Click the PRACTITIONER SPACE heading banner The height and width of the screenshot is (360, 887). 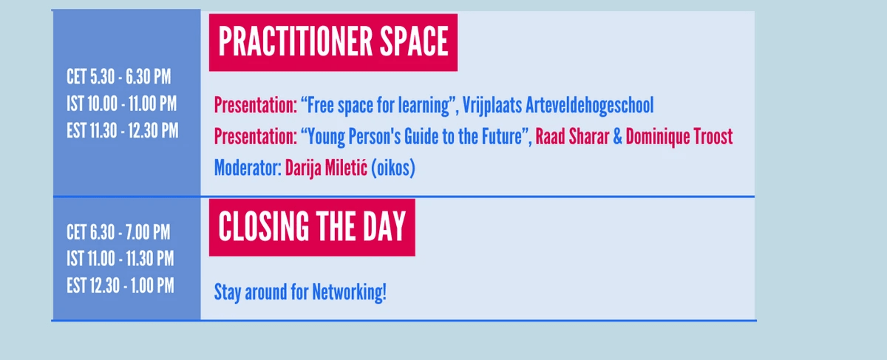click(x=333, y=42)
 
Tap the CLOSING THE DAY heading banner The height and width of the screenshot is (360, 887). click(x=312, y=228)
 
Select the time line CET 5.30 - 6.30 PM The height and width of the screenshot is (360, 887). click(x=119, y=76)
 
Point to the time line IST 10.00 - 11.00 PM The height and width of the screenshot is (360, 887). click(x=121, y=103)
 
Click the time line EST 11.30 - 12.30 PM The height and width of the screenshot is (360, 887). click(x=123, y=131)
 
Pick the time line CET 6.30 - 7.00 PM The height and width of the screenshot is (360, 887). click(x=118, y=232)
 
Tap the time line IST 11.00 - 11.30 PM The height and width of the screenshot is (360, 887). click(x=120, y=259)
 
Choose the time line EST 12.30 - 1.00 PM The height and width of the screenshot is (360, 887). click(x=120, y=285)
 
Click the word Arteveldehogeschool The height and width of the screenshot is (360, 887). click(x=590, y=106)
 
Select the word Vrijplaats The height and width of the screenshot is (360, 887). click(x=492, y=106)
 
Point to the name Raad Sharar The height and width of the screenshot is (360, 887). click(x=572, y=137)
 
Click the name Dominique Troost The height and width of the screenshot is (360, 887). click(x=679, y=137)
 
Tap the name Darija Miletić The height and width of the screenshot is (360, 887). click(x=326, y=169)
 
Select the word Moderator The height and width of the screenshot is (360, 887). click(x=248, y=168)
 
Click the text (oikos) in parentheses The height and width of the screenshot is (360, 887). click(x=393, y=169)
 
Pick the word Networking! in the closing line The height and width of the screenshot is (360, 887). click(x=349, y=292)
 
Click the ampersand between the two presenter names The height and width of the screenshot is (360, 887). click(x=617, y=137)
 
